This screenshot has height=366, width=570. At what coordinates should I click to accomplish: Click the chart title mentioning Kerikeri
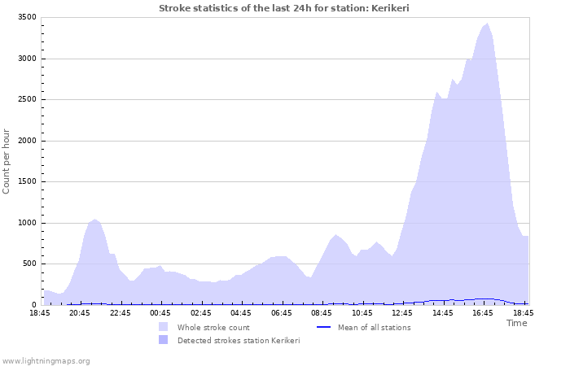coord(283,8)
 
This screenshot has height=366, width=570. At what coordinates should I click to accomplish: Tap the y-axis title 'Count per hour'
coord(7,161)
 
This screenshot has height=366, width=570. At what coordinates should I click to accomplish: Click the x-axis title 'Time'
coord(516,323)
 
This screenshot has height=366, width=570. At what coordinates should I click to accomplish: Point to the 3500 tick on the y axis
coord(26,17)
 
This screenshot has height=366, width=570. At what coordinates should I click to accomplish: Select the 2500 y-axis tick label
coord(26,99)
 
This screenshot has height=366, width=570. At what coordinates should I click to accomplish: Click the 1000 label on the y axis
coord(26,223)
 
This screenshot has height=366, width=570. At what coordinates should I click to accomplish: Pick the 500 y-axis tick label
coord(28,264)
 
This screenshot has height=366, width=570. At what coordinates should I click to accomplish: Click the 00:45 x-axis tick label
coord(161,312)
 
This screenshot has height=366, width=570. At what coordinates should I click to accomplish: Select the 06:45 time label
coord(282,312)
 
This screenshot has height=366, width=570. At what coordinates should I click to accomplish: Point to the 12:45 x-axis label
coord(402,312)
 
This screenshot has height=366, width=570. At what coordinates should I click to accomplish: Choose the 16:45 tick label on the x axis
coord(483,312)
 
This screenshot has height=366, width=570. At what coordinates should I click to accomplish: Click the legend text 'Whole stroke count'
coord(213,328)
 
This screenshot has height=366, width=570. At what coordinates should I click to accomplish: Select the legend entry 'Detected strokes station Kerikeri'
coord(238,341)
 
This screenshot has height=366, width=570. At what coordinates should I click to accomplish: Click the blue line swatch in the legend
coord(323,328)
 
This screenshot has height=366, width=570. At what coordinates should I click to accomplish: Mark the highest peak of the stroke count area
coord(487,24)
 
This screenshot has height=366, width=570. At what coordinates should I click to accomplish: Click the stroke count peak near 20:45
coord(95,220)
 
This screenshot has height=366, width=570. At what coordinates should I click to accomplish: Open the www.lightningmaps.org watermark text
coord(46,360)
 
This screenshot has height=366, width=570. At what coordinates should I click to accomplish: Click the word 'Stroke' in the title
coord(174,8)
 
